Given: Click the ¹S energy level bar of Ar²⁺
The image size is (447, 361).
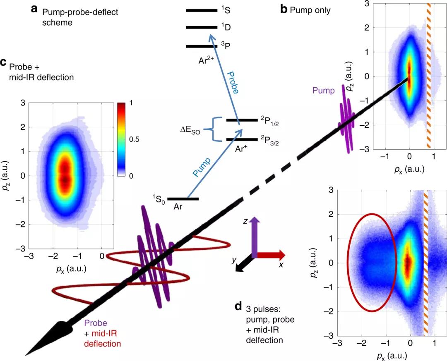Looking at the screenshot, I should (201, 10).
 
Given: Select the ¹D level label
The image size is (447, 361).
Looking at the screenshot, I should (226, 28).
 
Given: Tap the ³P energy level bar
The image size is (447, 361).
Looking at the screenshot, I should (201, 46).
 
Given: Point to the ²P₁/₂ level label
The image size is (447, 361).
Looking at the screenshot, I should (270, 120).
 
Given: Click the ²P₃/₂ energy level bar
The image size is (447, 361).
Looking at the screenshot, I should (242, 139).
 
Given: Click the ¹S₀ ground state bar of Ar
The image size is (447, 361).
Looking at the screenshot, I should (183, 199).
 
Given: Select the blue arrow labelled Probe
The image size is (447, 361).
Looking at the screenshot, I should (223, 74).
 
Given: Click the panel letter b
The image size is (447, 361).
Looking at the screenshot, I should (284, 9).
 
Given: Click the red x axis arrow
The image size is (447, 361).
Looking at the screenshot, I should (272, 254).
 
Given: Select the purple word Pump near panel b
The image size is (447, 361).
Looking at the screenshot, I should (324, 91).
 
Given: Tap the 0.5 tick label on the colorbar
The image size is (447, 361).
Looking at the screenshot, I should (135, 139).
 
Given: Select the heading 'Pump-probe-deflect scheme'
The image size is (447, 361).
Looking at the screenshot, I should (80, 17).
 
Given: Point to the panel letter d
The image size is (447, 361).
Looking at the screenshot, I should (238, 307).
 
